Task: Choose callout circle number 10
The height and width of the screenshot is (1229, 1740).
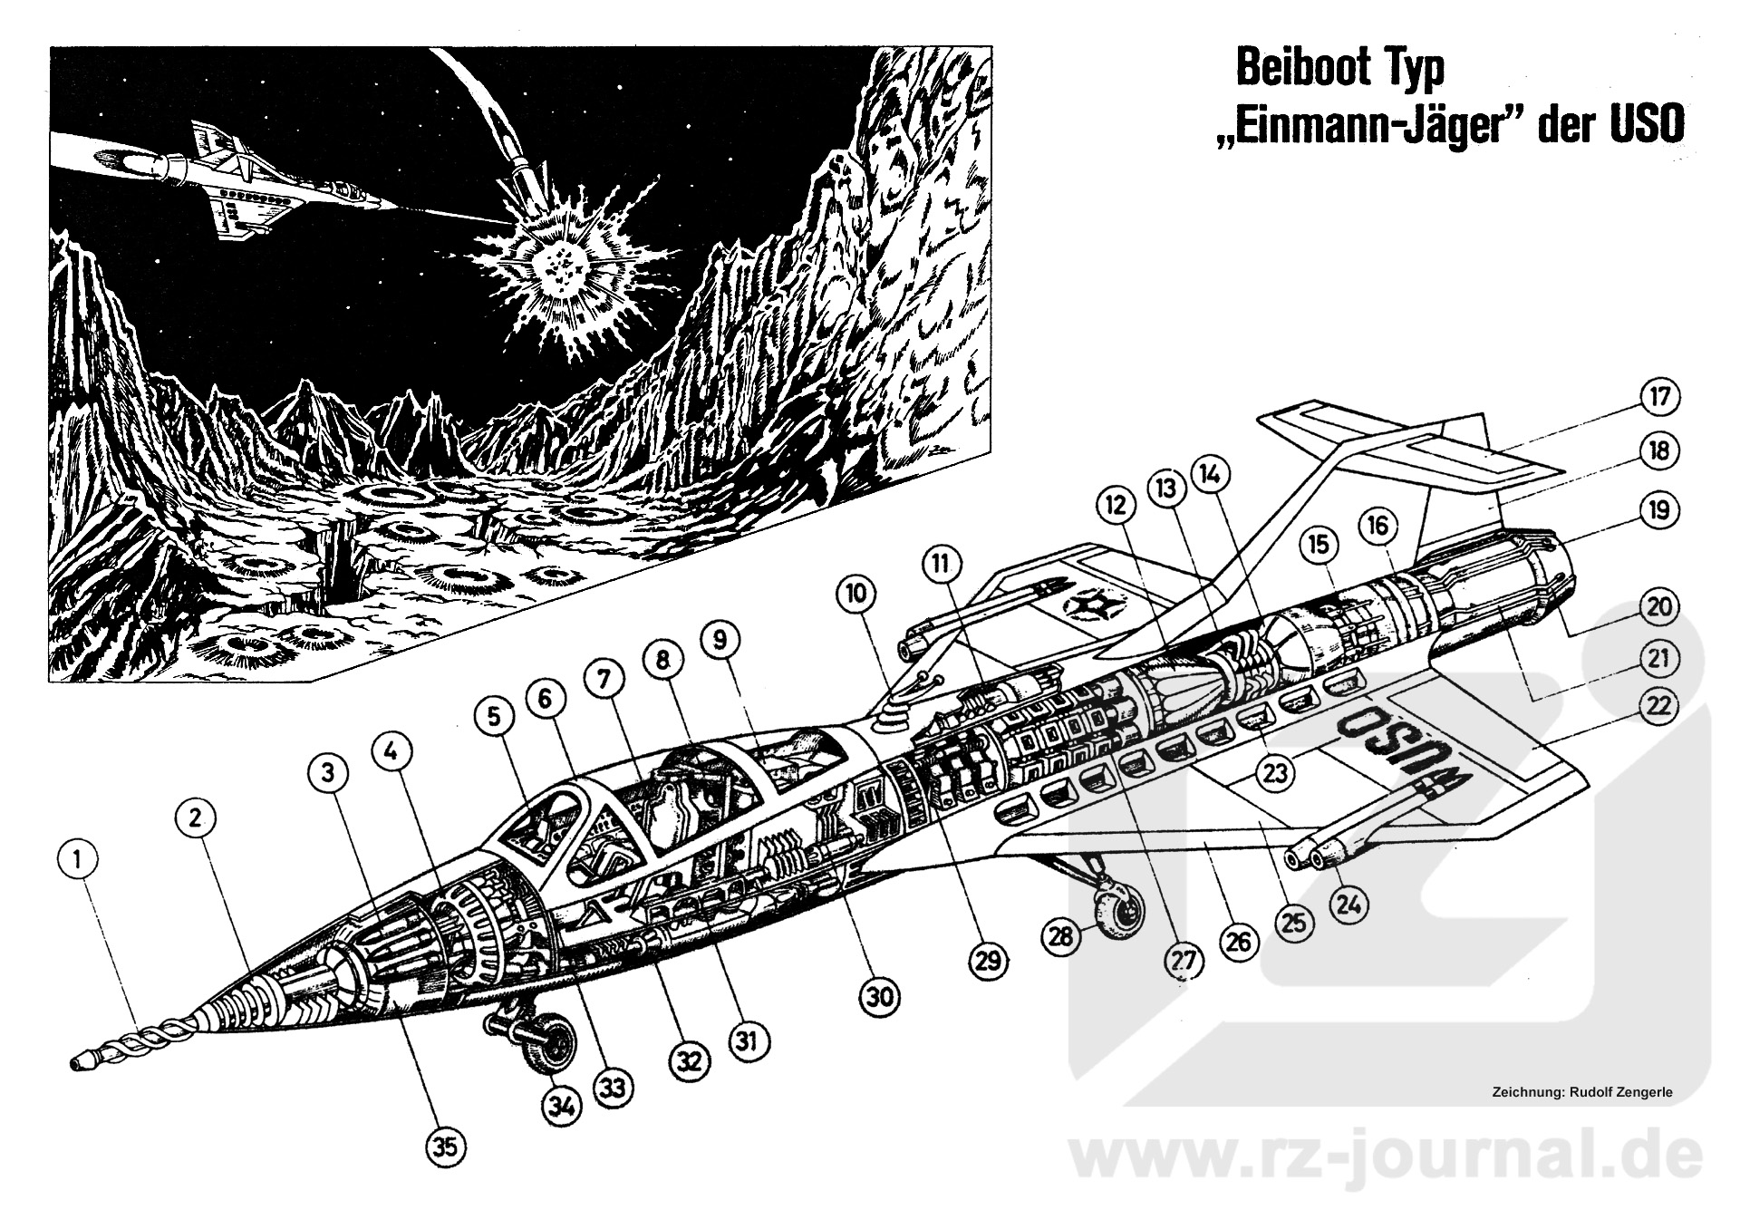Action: (857, 595)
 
